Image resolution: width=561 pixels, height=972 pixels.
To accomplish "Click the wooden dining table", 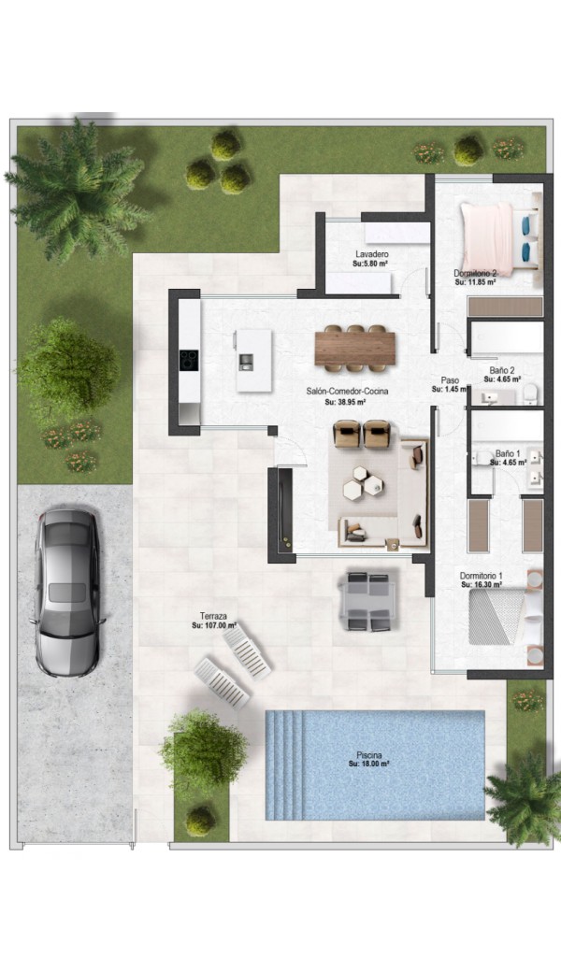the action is coord(354,348).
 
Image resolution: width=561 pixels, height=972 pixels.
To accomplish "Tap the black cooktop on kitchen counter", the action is coord(189,360).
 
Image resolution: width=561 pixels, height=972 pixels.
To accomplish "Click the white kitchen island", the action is coord(253,360).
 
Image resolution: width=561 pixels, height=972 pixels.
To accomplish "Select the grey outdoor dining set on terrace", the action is coord(368,601).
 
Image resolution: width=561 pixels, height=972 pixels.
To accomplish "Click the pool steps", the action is coord(285,765).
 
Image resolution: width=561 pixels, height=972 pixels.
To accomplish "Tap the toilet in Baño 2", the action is coord(531,393).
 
